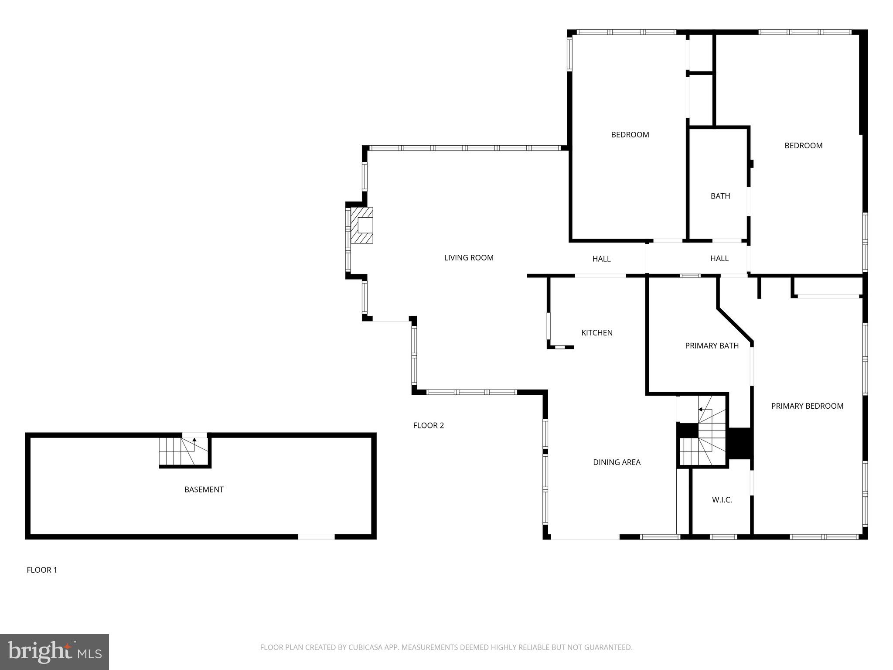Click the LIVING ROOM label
(x=469, y=258)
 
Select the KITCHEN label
(x=597, y=333)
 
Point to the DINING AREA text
(x=617, y=462)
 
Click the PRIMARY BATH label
(x=712, y=346)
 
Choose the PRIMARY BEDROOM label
(x=807, y=406)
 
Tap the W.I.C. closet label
(x=722, y=500)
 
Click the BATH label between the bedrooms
(x=720, y=196)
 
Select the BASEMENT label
(x=204, y=490)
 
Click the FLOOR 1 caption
(x=42, y=570)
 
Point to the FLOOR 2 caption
(x=428, y=425)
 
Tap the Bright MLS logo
(x=55, y=652)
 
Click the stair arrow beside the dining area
(x=701, y=410)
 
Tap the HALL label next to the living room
(x=601, y=259)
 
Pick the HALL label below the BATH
(x=719, y=259)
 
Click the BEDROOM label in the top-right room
(x=803, y=146)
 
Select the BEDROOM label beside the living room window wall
(x=630, y=135)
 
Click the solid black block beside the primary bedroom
(x=740, y=443)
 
